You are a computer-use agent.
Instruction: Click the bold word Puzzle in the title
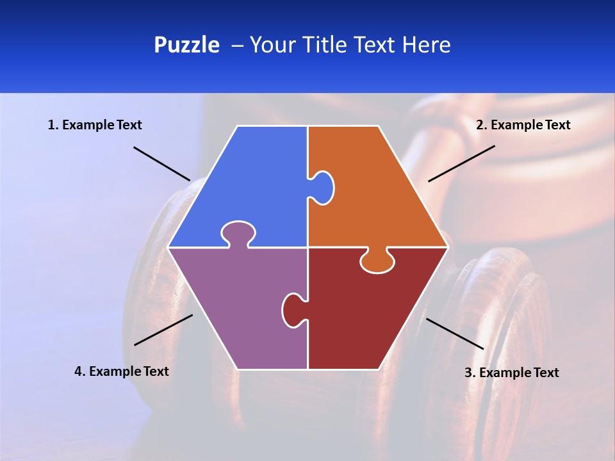(x=186, y=45)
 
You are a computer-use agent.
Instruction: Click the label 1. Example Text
(x=95, y=125)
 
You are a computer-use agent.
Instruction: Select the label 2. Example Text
(x=523, y=125)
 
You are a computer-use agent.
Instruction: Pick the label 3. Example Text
(x=511, y=373)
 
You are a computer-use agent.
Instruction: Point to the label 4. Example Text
(x=122, y=371)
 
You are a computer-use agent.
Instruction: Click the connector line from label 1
(x=161, y=163)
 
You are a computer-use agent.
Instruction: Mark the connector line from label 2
(x=461, y=163)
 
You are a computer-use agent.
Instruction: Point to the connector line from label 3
(x=455, y=334)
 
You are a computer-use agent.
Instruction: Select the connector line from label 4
(x=163, y=330)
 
